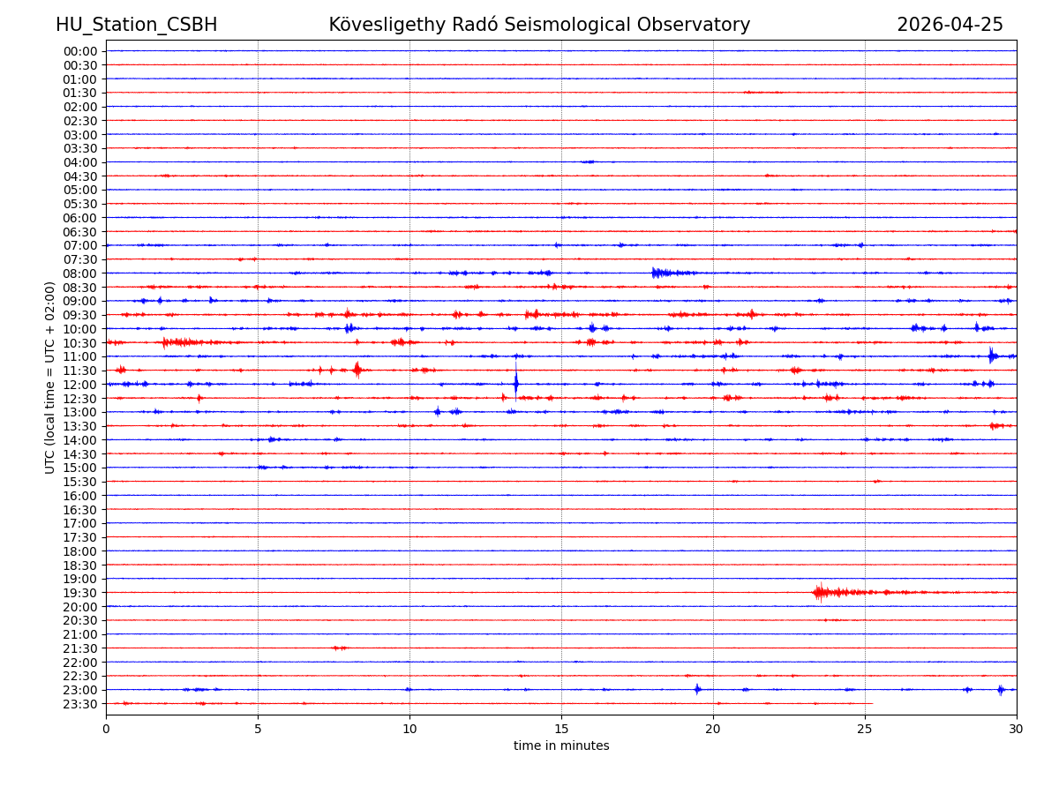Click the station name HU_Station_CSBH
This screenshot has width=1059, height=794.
pyautogui.click(x=136, y=25)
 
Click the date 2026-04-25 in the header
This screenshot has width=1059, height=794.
pyautogui.click(x=950, y=25)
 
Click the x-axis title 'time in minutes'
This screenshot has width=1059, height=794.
pyautogui.click(x=561, y=745)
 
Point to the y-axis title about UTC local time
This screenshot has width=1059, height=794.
pyautogui.click(x=50, y=377)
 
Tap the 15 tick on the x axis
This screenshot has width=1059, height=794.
pyautogui.click(x=561, y=729)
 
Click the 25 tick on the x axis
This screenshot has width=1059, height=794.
pyautogui.click(x=865, y=729)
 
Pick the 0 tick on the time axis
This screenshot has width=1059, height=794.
pyautogui.click(x=106, y=729)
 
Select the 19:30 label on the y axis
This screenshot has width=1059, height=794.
pyautogui.click(x=80, y=593)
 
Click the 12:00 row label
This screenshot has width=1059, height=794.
pyautogui.click(x=80, y=385)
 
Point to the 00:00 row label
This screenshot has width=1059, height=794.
pyautogui.click(x=80, y=51)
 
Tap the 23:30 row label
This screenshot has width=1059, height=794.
pyautogui.click(x=80, y=704)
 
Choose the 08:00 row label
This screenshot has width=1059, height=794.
pyautogui.click(x=80, y=273)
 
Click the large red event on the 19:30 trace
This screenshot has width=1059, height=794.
pyautogui.click(x=821, y=592)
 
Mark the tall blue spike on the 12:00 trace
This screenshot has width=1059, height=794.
pyautogui.click(x=515, y=383)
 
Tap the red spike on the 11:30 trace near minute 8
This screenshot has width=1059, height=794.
pyautogui.click(x=357, y=370)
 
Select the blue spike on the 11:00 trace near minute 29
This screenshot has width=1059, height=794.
pyautogui.click(x=992, y=356)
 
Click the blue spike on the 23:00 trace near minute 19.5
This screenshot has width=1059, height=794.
pyautogui.click(x=697, y=689)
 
